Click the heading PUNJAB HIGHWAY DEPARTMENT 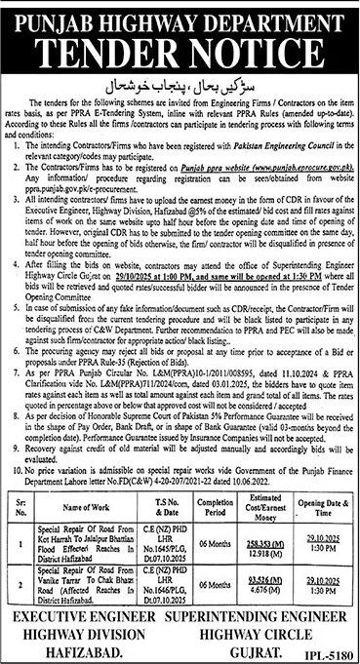pos(180,16)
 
